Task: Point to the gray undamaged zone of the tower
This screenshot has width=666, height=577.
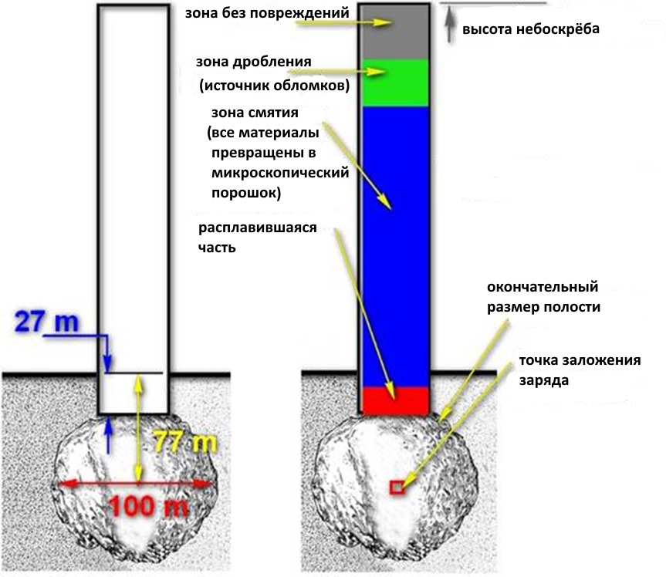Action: (394, 31)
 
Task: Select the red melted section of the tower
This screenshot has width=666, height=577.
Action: (394, 400)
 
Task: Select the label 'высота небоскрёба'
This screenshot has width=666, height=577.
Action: (532, 29)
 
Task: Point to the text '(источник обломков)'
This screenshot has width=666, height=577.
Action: (274, 84)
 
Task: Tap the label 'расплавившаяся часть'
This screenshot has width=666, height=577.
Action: (258, 238)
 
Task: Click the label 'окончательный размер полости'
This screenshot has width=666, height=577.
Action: (543, 297)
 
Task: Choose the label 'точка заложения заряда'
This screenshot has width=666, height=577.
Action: (580, 370)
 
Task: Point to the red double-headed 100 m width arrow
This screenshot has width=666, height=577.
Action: (135, 484)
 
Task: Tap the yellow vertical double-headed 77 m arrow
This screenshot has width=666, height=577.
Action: (138, 428)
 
